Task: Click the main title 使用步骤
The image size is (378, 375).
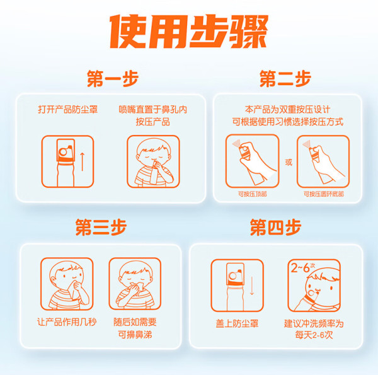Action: pyautogui.click(x=189, y=32)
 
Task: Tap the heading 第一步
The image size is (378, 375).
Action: pyautogui.click(x=113, y=78)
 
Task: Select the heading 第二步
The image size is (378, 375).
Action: pyautogui.click(x=285, y=78)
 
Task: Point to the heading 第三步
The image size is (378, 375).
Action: pyautogui.click(x=101, y=227)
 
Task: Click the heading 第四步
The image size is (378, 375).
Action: pyautogui.click(x=275, y=227)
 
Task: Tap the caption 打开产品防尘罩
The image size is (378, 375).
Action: pyautogui.click(x=68, y=110)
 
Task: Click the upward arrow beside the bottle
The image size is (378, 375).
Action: pyautogui.click(x=83, y=161)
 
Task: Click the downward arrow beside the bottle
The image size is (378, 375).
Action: pyautogui.click(x=252, y=286)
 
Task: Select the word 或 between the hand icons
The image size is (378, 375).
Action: pyautogui.click(x=289, y=163)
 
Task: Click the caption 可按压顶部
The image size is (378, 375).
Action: pyautogui.click(x=253, y=194)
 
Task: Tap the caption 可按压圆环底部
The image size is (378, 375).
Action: pyautogui.click(x=324, y=194)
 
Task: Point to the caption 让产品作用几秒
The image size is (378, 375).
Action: pyautogui.click(x=67, y=322)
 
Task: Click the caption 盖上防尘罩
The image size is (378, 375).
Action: pyautogui.click(x=237, y=323)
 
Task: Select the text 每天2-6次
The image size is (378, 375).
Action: pyautogui.click(x=314, y=335)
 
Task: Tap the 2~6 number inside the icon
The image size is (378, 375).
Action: pyautogui.click(x=301, y=268)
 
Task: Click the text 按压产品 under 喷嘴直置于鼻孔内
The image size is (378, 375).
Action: pyautogui.click(x=153, y=122)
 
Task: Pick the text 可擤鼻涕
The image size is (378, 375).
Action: pyautogui.click(x=135, y=334)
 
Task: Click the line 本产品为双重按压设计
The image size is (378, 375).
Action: pyautogui.click(x=288, y=110)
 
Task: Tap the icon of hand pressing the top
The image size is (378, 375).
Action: pyautogui.click(x=252, y=161)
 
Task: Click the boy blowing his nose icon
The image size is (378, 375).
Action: pyautogui.click(x=135, y=284)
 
